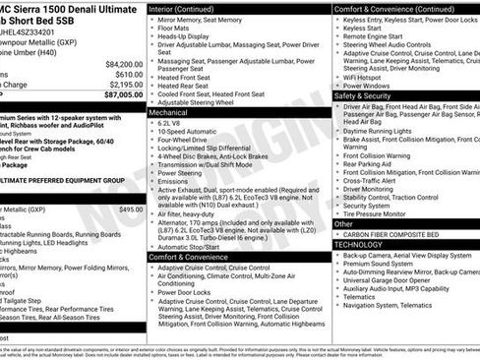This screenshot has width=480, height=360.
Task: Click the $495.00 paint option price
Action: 130,210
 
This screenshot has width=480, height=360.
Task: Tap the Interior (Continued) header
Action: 189,8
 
